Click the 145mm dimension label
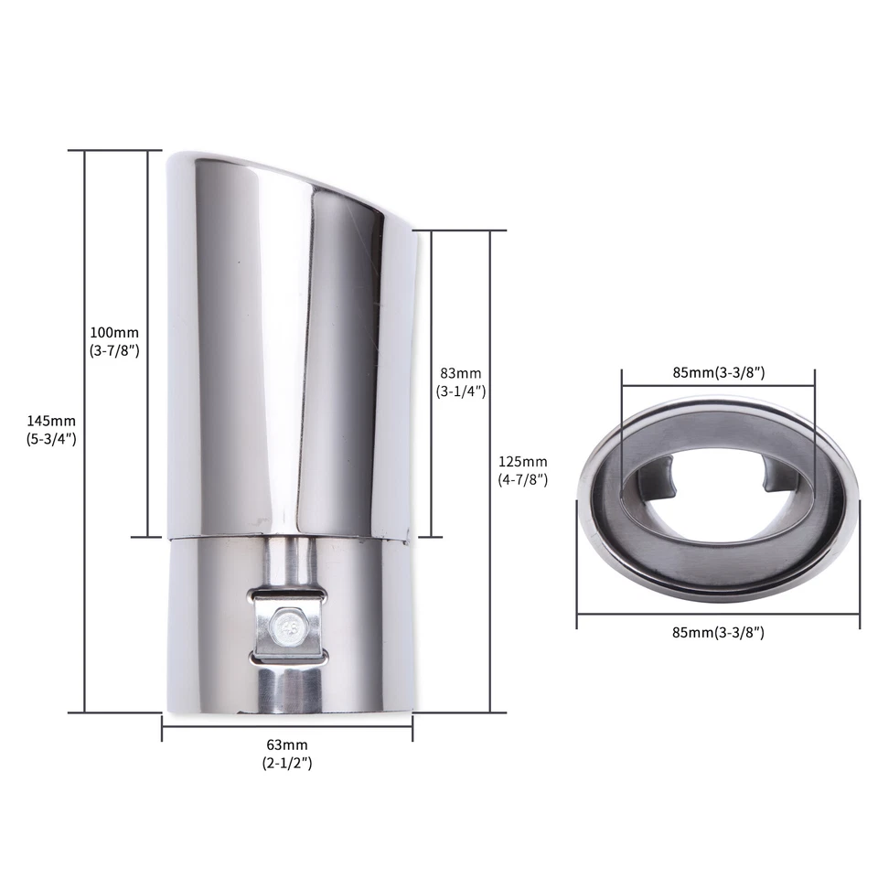pos(51,421)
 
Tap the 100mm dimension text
pos(114,332)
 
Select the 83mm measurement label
pos(460,373)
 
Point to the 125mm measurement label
pos(522,461)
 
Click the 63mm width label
pos(286,744)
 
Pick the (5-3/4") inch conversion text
pos(51,439)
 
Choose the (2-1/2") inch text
pos(286,763)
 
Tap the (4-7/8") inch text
pos(522,480)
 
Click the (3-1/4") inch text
pos(460,391)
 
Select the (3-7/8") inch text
pos(114,350)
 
